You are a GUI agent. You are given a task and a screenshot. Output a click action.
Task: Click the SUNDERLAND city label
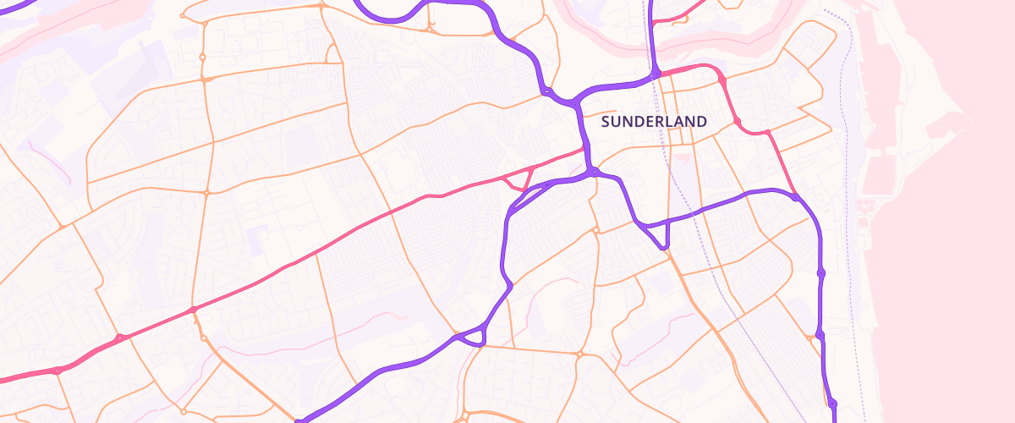tap(653, 122)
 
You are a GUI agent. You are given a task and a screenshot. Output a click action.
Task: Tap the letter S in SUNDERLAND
tap(605, 122)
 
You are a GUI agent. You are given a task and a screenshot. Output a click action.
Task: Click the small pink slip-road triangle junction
tap(518, 180)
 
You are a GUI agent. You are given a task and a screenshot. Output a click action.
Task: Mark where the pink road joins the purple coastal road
tap(795, 197)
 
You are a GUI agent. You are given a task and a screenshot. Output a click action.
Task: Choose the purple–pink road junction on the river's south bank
tap(656, 74)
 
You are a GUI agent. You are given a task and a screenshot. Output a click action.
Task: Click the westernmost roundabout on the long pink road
tap(57, 371)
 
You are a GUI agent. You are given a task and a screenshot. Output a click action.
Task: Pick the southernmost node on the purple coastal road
tap(832, 404)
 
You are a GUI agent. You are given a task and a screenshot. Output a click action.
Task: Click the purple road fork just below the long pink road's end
tap(595, 172)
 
